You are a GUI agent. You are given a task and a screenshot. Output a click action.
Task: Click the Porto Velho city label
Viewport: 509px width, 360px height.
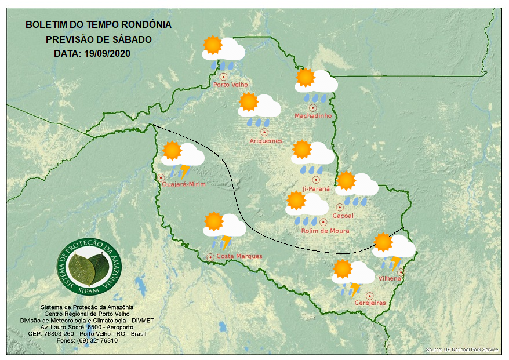[x=231, y=85]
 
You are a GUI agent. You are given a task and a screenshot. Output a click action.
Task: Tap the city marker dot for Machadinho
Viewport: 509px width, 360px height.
[x=312, y=108]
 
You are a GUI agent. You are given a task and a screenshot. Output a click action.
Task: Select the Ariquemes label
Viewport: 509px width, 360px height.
[x=266, y=141]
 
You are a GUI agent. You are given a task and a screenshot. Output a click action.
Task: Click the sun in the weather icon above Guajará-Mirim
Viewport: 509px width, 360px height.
[x=172, y=151]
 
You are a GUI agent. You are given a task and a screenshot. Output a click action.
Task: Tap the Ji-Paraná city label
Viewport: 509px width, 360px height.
[x=316, y=189]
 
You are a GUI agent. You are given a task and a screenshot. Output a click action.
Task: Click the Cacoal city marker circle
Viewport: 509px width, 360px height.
[x=340, y=207]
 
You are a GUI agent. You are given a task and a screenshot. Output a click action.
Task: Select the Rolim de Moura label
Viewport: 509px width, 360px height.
[x=325, y=231]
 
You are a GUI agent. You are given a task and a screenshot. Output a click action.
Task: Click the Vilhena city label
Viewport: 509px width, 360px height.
[x=390, y=279]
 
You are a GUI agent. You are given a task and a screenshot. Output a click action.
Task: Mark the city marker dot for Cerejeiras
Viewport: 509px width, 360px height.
[x=369, y=296]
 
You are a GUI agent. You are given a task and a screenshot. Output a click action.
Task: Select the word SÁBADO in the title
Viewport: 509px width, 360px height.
[x=130, y=40]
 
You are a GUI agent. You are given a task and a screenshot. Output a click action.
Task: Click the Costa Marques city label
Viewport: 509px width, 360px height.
[x=239, y=256]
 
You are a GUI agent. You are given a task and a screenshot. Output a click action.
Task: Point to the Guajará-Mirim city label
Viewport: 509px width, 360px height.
[x=184, y=184]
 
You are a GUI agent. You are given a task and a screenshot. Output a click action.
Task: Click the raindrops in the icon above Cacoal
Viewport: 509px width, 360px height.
[x=356, y=201]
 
